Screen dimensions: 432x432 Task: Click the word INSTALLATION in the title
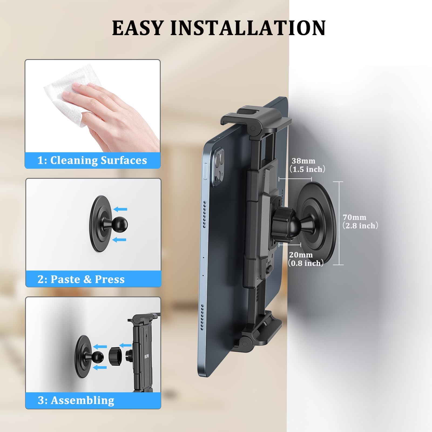(x=248, y=28)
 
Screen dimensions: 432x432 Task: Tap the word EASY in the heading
(x=138, y=28)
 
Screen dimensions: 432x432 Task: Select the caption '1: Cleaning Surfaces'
(x=92, y=160)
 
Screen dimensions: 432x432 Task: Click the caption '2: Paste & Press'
(x=81, y=279)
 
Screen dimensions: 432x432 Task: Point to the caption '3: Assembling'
(x=76, y=400)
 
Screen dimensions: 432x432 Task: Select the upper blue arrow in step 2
(x=120, y=209)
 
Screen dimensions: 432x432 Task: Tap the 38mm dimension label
(x=303, y=161)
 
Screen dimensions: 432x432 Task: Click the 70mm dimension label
(x=355, y=217)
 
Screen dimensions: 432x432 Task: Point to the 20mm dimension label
(x=301, y=255)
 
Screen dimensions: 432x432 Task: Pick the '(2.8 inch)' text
(x=360, y=226)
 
